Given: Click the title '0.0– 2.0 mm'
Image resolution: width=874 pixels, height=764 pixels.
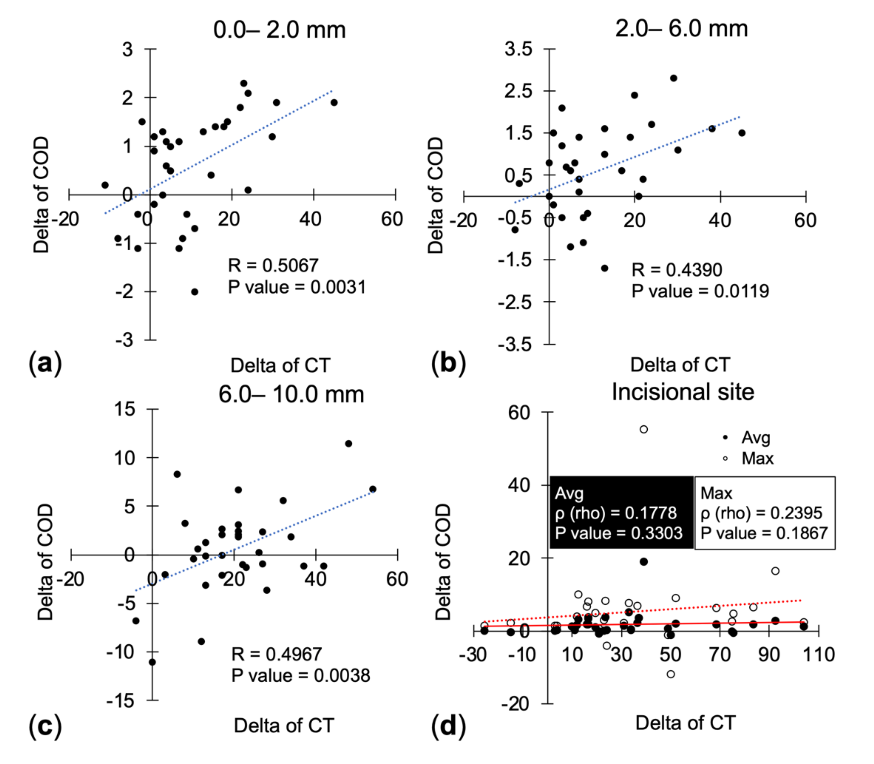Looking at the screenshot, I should coord(279,30).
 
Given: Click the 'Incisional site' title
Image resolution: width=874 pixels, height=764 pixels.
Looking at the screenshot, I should coord(683,392).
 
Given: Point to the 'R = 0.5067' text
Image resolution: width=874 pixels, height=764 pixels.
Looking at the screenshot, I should coord(273,266).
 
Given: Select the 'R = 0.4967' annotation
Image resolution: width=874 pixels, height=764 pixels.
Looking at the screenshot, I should coord(276,654).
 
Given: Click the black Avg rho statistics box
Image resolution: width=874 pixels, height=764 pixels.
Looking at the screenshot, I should coord(621,512).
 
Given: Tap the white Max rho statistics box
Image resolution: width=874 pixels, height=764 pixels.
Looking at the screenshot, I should coord(765,512).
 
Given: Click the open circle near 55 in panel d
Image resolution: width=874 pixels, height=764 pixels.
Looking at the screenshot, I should coord(644,429).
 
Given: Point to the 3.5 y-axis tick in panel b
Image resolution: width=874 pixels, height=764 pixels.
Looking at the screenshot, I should coord(518,49).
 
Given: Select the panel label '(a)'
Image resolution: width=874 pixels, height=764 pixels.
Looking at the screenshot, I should coord(45,364).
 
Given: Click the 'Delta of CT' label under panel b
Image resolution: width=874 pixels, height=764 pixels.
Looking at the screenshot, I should coord(680,365).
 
